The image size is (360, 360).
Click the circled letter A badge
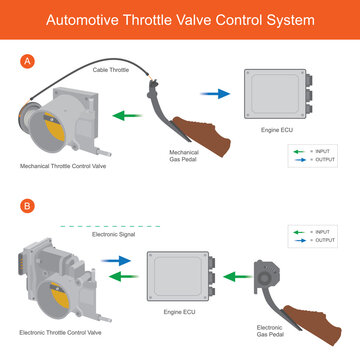(27, 61)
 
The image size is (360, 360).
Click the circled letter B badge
(27, 208)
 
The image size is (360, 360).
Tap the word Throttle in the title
(162, 19)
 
